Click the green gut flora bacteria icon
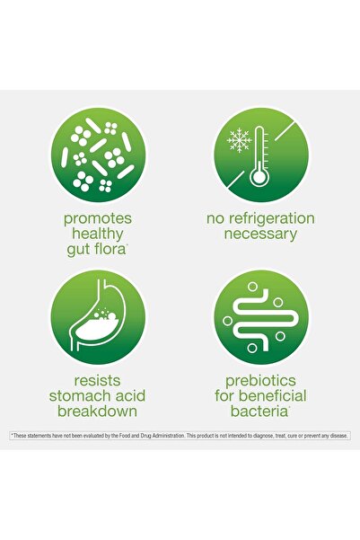tap(99, 155)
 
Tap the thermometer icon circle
tap(260, 155)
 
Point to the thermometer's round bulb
tap(260, 176)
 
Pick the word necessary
tap(260, 234)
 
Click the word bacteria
tap(259, 412)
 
